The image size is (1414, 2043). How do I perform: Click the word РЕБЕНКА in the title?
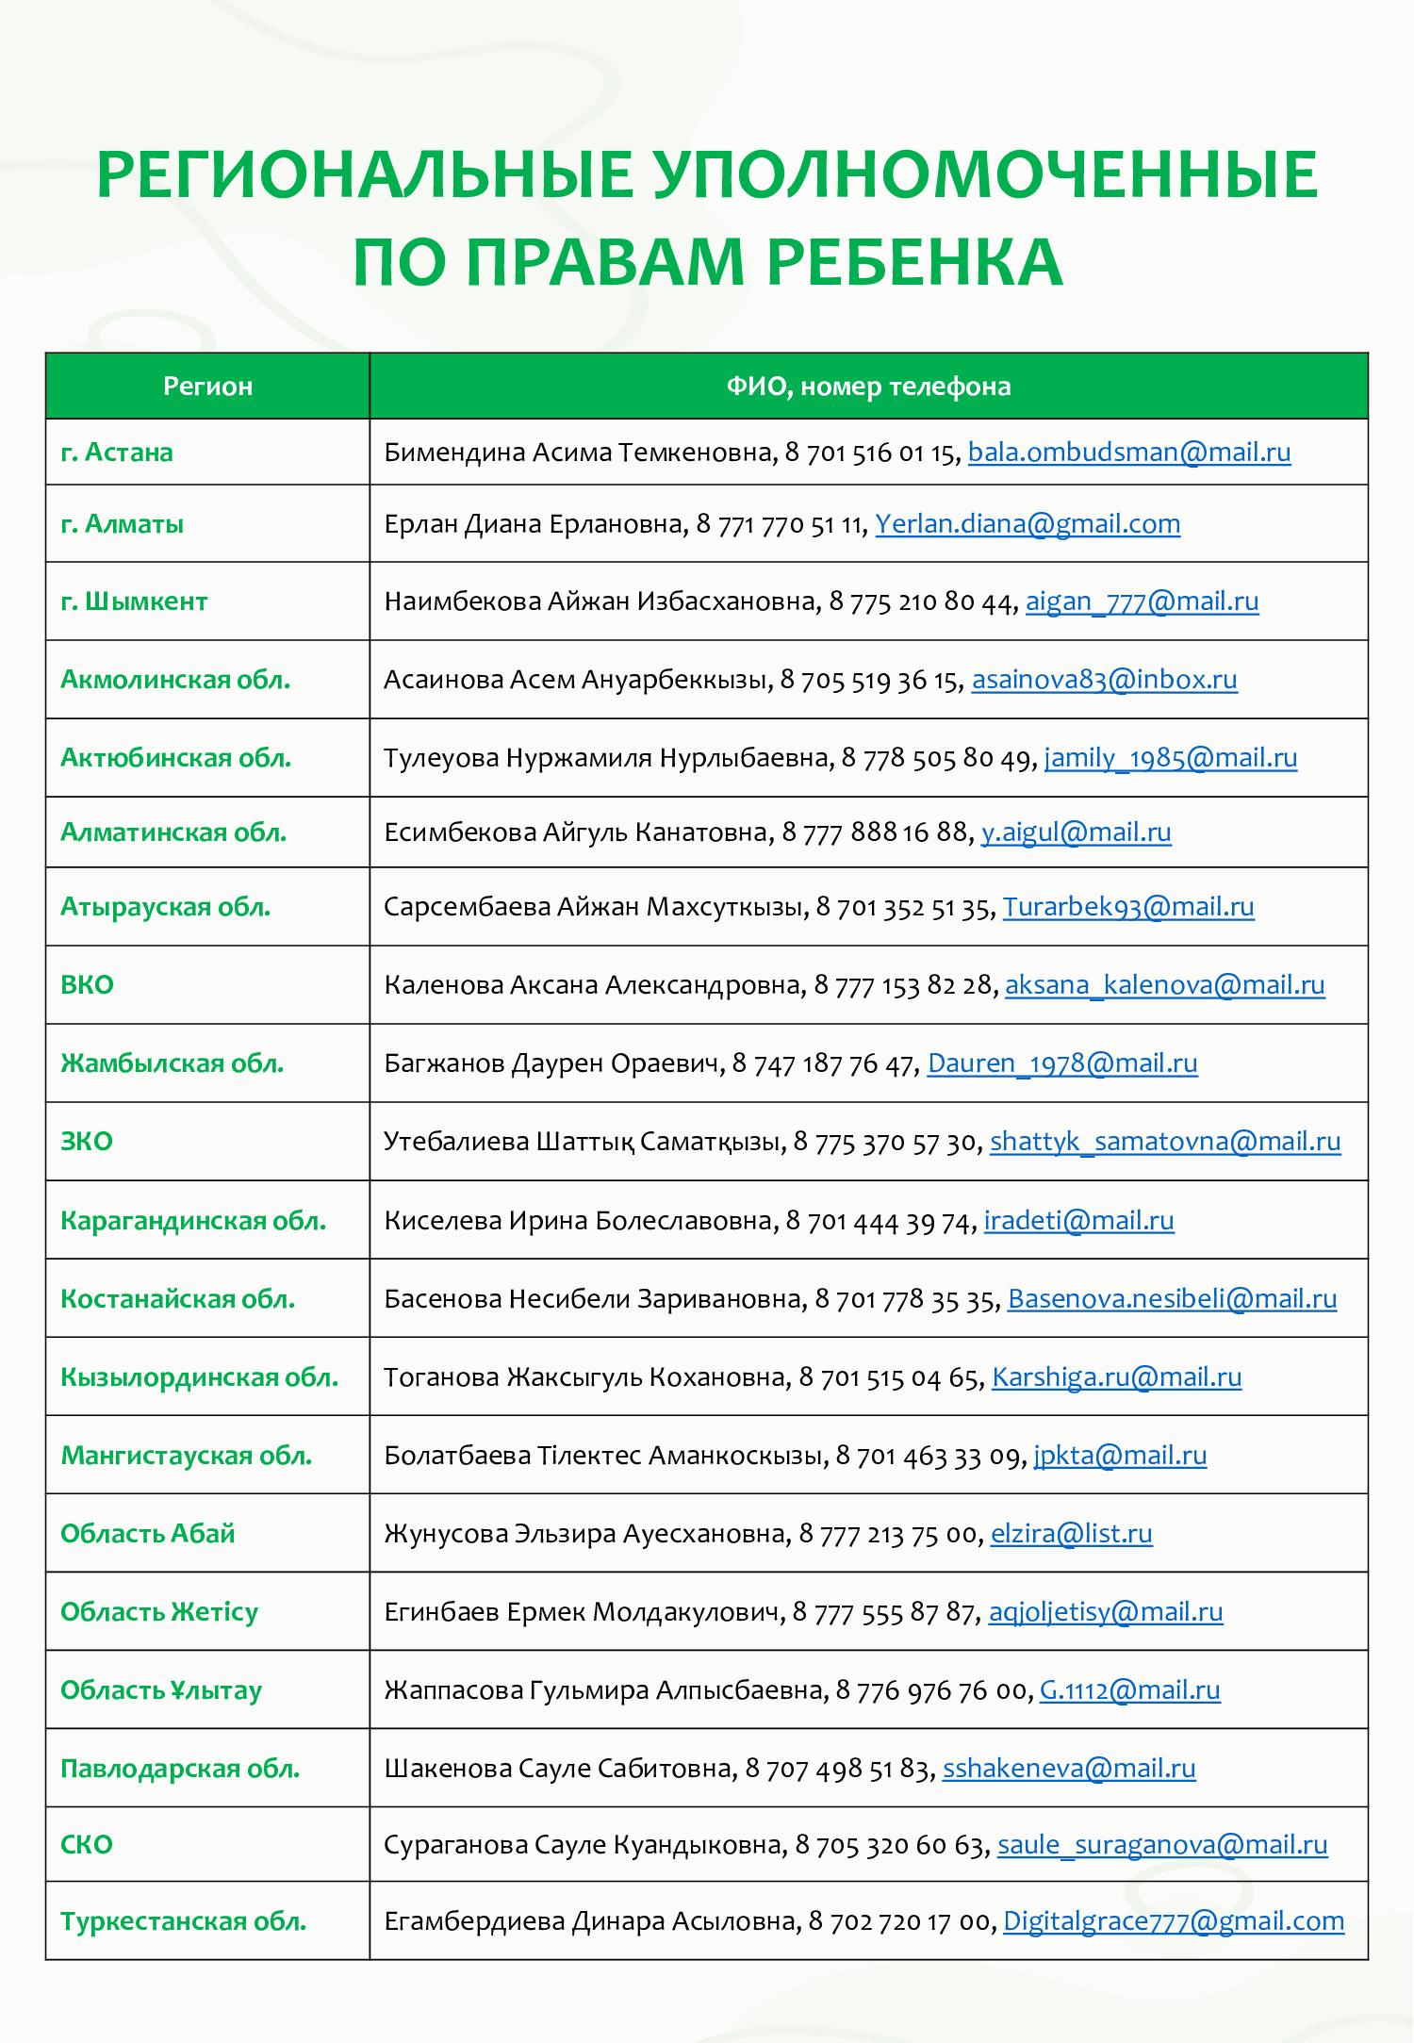914,262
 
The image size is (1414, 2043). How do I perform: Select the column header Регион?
207,387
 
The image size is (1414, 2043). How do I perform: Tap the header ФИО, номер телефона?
868,387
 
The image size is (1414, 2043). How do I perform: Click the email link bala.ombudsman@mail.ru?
1129,453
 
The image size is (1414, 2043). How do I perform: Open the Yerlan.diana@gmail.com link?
1028,524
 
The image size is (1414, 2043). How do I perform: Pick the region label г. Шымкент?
134,601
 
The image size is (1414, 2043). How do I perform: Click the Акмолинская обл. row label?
175,680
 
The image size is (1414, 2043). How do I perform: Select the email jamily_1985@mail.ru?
1171,758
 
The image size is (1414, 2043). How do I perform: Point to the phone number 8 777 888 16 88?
876,832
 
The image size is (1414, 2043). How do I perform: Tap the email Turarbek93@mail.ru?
1128,907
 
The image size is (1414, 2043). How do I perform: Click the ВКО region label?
87,985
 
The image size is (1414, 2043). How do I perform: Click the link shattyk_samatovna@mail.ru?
1165,1142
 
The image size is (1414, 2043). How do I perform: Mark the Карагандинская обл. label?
193,1221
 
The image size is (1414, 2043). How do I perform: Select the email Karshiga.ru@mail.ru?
1117,1377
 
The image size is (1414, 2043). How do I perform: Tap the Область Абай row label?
148,1534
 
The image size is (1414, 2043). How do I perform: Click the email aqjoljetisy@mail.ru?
1106,1612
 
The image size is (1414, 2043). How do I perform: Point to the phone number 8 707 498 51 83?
837,1769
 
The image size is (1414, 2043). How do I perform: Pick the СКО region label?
87,1845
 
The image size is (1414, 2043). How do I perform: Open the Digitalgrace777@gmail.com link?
1174,1921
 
